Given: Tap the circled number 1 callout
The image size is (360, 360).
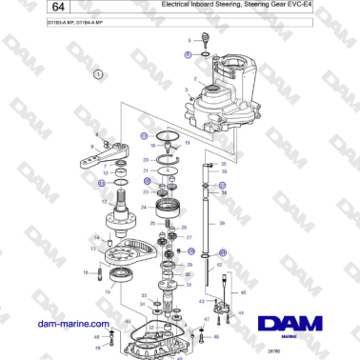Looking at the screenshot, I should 97,73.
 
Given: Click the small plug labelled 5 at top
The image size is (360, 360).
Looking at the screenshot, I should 204,41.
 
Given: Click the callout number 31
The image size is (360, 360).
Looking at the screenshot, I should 189,284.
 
